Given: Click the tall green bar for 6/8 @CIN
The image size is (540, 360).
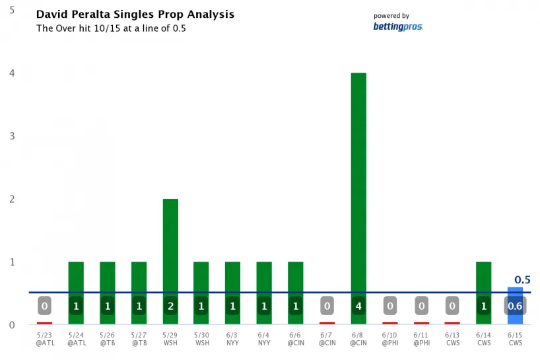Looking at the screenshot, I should pos(358,185).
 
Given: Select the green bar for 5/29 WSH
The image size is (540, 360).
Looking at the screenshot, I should pos(170,244).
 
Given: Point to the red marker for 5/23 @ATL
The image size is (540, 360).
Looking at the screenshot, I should pos(44,323).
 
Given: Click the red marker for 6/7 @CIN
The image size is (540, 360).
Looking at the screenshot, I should pos(327,323).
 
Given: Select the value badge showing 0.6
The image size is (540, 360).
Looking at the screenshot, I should pos(515,306).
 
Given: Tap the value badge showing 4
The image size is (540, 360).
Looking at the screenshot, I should pos(358,306).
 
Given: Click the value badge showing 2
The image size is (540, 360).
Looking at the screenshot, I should pos(170,306).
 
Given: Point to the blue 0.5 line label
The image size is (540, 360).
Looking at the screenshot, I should pos(522,280).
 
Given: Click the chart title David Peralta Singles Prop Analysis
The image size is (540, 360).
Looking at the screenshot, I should pos(135,14).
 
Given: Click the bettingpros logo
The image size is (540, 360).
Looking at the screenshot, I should pos(397,26).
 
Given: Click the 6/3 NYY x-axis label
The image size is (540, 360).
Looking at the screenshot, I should pos(232,340).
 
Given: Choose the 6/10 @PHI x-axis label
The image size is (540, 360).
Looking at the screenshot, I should pos(389,340).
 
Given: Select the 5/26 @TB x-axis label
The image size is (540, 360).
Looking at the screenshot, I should pos(107,340).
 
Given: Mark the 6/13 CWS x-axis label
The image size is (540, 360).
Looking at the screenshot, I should pos(452,340).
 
